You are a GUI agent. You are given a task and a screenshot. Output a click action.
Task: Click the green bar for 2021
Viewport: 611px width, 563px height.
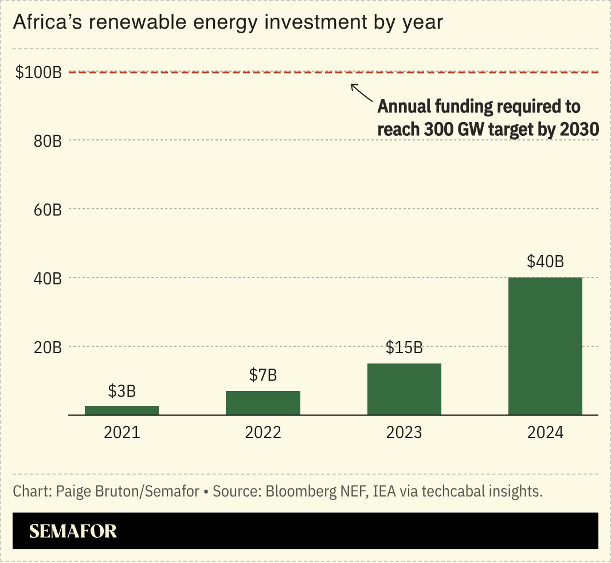(x=122, y=410)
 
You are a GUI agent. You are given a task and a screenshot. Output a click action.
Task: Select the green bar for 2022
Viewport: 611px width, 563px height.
(x=263, y=402)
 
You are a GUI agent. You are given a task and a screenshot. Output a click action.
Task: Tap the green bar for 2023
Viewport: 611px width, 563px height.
(x=404, y=389)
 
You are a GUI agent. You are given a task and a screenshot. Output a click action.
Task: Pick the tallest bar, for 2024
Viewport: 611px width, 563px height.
(x=545, y=346)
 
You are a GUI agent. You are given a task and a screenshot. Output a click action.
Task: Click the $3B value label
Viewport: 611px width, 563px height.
(x=122, y=392)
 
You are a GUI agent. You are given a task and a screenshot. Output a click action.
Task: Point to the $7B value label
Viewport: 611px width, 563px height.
(x=263, y=376)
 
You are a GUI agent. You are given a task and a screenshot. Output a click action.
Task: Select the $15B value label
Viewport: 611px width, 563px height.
(x=404, y=348)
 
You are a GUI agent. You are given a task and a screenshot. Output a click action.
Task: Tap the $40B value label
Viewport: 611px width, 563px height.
(x=545, y=262)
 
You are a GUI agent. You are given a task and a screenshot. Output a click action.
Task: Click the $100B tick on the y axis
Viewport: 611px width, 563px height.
(x=38, y=72)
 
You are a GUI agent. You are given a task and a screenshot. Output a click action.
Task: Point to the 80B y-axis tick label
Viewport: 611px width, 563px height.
(x=48, y=141)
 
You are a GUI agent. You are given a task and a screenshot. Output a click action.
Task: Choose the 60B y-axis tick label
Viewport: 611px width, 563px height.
(x=48, y=210)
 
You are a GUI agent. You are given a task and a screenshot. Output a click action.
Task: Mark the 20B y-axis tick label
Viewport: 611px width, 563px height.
(x=48, y=347)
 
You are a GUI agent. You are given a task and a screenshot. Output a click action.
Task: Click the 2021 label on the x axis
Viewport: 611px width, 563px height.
(x=122, y=432)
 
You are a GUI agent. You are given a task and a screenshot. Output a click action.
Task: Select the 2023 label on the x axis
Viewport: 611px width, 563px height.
(x=404, y=432)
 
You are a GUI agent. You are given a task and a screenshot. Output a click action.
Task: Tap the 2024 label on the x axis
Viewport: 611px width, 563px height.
(x=545, y=432)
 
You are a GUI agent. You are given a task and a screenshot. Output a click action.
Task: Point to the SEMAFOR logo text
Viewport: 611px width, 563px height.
(x=73, y=531)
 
